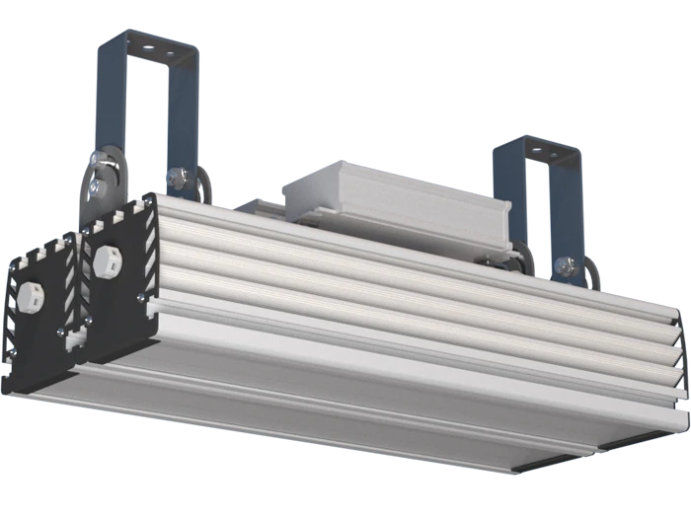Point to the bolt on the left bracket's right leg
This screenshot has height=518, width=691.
pyautogui.click(x=176, y=179)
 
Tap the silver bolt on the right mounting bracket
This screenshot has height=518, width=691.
pyautogui.click(x=564, y=264)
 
